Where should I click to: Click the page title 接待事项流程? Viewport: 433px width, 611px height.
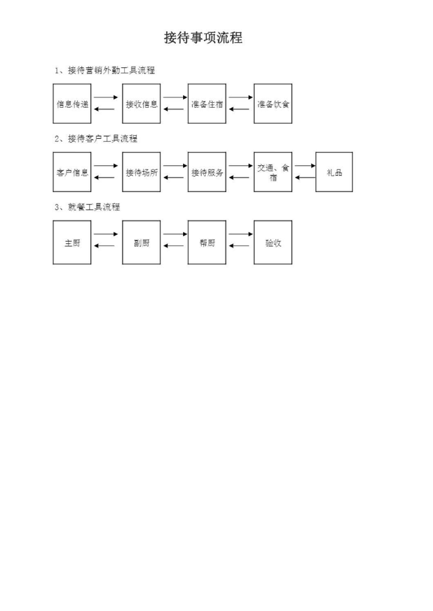click(203, 38)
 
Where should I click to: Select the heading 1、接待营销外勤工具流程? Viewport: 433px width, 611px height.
click(105, 70)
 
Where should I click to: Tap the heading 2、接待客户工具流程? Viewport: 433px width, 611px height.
click(96, 138)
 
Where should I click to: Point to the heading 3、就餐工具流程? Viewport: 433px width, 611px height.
click(88, 207)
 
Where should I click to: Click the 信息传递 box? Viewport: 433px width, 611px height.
click(72, 103)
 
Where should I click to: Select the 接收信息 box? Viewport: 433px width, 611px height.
click(141, 103)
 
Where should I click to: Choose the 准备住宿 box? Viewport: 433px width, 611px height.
click(207, 103)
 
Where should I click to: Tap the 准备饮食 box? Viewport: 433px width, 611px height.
click(273, 103)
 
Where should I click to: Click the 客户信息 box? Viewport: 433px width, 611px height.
click(72, 172)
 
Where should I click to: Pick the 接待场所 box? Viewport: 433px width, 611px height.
click(141, 172)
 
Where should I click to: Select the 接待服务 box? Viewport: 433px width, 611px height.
click(207, 172)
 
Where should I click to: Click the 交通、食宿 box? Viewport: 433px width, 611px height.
click(273, 172)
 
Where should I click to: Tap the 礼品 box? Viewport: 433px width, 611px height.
click(334, 172)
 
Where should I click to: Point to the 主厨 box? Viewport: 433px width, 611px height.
click(72, 242)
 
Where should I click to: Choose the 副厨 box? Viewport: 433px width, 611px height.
click(141, 242)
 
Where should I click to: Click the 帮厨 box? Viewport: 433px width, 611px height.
click(207, 242)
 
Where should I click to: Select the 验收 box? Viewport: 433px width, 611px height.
click(273, 242)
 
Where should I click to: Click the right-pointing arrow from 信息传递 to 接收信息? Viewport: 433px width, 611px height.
click(106, 97)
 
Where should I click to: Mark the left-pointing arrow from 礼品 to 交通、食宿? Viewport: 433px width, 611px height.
click(305, 178)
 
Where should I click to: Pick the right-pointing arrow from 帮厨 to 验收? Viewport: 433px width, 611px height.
click(241, 234)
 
